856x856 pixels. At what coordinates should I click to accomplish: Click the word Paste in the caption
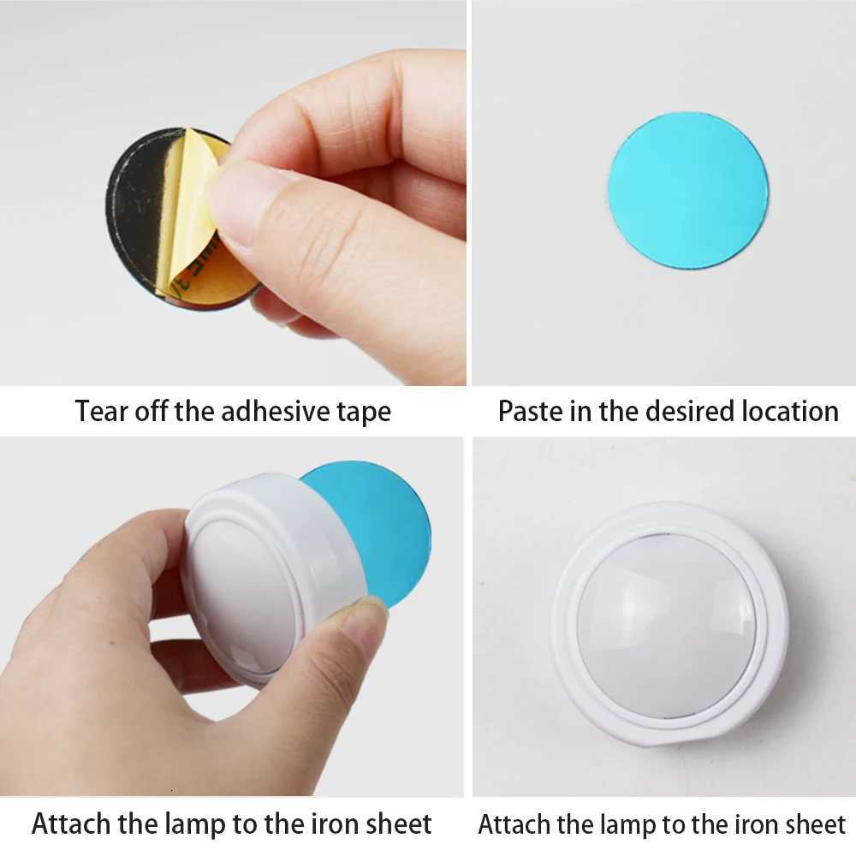[x=529, y=411]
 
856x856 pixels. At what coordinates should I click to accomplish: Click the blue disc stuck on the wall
[x=688, y=190]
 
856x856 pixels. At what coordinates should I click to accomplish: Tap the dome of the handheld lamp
[x=244, y=591]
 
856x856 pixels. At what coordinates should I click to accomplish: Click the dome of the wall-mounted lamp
[x=668, y=621]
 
